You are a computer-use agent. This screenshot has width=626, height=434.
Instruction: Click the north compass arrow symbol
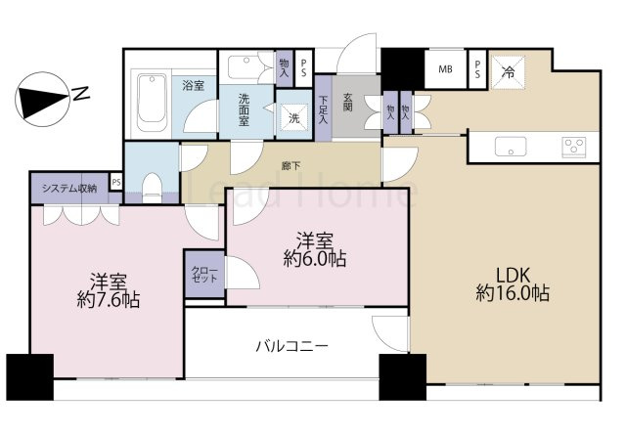(42, 99)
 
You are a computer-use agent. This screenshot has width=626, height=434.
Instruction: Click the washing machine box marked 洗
(292, 117)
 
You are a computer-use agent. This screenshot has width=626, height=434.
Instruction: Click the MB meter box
(445, 69)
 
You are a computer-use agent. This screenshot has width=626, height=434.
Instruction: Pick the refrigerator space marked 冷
(509, 70)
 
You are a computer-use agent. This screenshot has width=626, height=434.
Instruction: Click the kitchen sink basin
(510, 148)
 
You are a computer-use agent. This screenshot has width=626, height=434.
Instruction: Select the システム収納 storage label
(67, 188)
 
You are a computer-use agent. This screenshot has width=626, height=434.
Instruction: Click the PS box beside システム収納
(115, 183)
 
